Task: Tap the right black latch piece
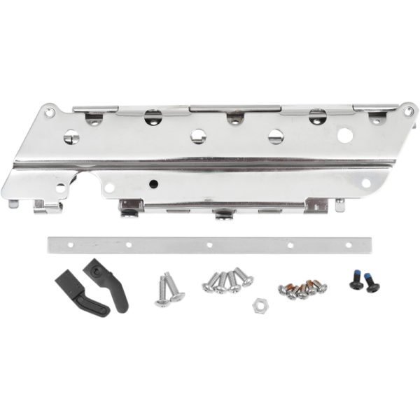point(109,285)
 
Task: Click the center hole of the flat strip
point(209,245)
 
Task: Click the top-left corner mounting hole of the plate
point(48,111)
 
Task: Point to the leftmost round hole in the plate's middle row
point(71,136)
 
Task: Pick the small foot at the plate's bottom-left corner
point(13,204)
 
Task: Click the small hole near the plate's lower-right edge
point(365,183)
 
